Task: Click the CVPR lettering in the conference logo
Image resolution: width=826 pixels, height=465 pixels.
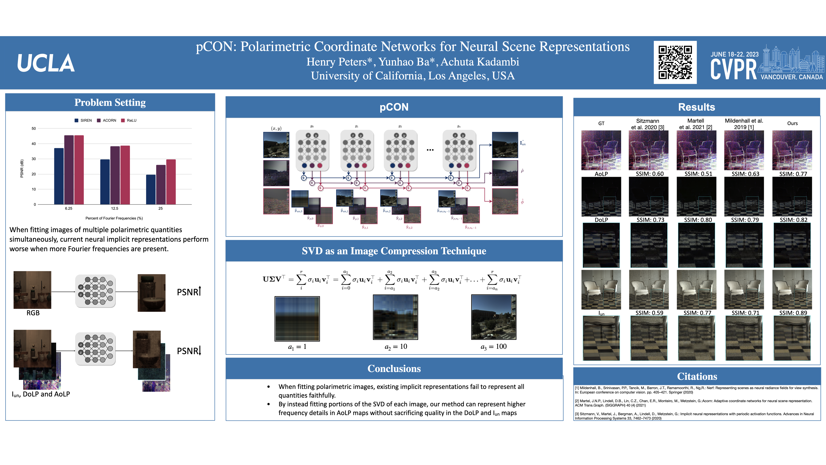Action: coord(733,70)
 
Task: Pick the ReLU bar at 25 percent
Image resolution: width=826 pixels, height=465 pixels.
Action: coord(171,182)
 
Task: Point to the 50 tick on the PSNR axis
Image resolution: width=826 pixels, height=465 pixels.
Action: coord(34,128)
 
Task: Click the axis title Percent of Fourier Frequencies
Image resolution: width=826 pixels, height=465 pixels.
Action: coord(114,218)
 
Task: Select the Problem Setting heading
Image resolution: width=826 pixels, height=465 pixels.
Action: coord(110,102)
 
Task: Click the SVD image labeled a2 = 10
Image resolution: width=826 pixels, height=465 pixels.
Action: coord(395,317)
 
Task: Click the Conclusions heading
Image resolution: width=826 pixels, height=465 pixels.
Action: coord(394,368)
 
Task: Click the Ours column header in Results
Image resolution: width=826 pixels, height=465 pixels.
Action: coord(792,123)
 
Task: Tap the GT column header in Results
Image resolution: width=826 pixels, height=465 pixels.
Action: coord(601,123)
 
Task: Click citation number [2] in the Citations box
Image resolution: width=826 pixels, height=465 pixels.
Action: coord(577,401)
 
